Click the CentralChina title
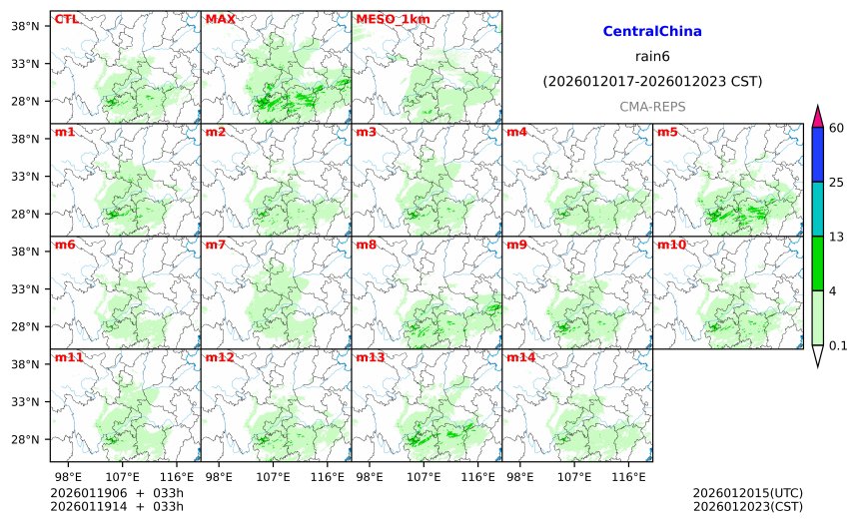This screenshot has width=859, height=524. (652, 32)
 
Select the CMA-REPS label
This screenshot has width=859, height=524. (652, 106)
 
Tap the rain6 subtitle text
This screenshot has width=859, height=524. (652, 56)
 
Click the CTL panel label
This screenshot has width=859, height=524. (66, 19)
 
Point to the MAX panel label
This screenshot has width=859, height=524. (220, 19)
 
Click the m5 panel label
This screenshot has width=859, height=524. (667, 132)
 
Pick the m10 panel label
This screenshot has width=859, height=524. (671, 245)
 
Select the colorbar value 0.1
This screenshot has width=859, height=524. (838, 345)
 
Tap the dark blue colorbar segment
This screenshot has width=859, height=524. (817, 155)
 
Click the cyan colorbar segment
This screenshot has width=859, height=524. (817, 209)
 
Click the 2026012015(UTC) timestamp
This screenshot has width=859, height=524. (747, 493)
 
